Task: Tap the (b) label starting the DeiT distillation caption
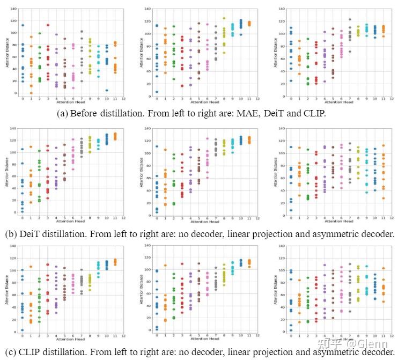[x=9, y=234]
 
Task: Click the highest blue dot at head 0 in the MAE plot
[x=23, y=25]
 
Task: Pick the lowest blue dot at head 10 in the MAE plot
[x=107, y=90]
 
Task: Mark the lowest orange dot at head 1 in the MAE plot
[x=31, y=93]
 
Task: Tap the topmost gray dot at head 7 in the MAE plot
[x=82, y=32]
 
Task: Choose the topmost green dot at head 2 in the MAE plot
[x=39, y=33]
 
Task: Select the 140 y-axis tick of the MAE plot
[x=12, y=9]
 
